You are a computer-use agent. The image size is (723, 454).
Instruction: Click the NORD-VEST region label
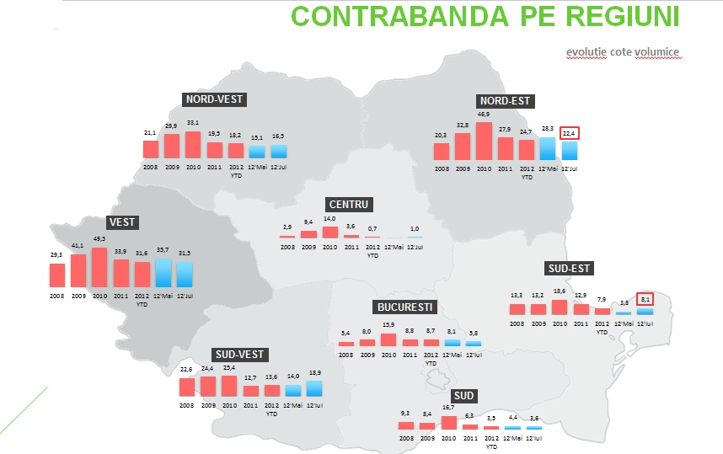(x=214, y=99)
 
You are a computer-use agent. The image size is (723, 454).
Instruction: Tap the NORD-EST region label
(x=505, y=101)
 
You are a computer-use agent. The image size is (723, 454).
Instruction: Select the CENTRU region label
(x=350, y=205)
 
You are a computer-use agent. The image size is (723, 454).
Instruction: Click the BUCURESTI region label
(x=406, y=307)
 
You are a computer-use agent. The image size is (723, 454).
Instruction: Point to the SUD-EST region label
(x=569, y=270)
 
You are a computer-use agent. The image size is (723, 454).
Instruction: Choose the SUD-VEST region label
(x=242, y=355)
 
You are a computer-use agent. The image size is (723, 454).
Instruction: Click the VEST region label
(x=122, y=222)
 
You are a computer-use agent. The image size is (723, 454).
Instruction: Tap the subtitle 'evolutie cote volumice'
(x=622, y=52)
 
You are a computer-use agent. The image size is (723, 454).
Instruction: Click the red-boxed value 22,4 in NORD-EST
(x=570, y=133)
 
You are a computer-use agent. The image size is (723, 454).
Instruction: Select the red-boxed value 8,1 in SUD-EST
(x=645, y=298)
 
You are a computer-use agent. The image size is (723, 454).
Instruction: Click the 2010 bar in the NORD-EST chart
(x=484, y=141)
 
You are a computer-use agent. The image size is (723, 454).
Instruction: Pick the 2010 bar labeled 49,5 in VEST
(x=99, y=267)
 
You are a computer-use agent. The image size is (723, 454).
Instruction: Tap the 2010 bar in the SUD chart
(x=449, y=423)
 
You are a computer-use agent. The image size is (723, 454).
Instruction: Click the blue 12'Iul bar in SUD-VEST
(x=314, y=388)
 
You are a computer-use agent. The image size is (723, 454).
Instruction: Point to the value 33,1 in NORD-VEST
(x=193, y=124)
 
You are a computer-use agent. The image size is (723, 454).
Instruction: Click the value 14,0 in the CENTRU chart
(x=329, y=219)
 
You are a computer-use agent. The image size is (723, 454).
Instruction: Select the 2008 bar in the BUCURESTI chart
(x=345, y=342)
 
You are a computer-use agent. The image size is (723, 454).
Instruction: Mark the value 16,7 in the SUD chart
(x=448, y=408)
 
